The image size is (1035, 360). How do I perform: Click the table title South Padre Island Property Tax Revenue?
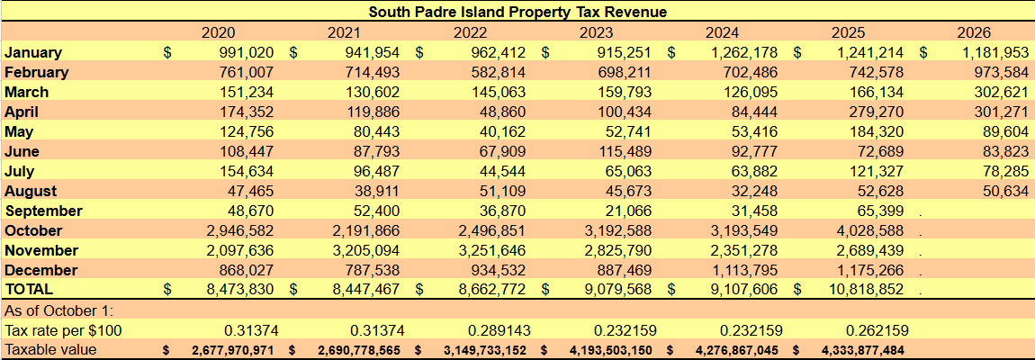point(517,12)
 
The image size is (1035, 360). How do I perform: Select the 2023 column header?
point(596,33)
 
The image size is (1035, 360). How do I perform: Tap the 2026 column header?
point(975,33)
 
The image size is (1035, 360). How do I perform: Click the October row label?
point(33,231)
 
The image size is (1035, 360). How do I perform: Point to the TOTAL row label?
point(29,289)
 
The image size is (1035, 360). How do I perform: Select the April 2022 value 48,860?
point(500,112)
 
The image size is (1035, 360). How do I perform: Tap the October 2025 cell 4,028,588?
point(868,231)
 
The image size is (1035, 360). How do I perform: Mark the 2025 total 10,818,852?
point(865,289)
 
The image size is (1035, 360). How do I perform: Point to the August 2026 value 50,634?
point(1003,192)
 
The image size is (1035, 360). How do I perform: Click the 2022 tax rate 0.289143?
point(499,330)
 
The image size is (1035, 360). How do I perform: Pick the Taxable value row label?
point(50,350)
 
